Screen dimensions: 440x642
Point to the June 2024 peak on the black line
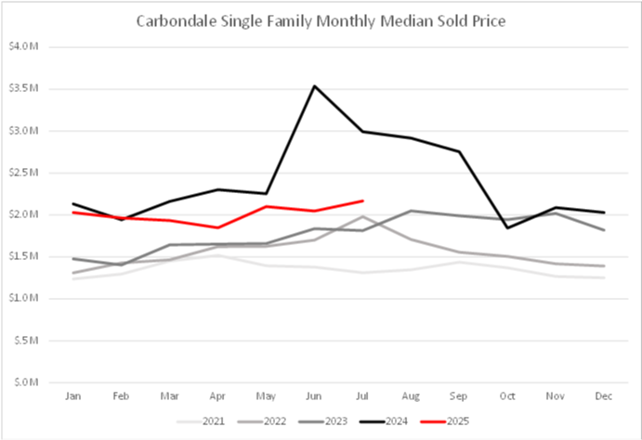click(314, 86)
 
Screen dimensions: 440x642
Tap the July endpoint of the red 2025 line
click(362, 201)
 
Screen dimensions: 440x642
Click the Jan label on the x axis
click(72, 395)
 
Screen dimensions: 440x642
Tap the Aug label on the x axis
click(411, 395)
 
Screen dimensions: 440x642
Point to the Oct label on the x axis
click(507, 395)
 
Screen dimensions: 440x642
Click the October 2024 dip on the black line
click(507, 227)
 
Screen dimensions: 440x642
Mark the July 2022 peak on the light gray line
click(362, 216)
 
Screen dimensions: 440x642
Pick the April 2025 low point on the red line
click(217, 227)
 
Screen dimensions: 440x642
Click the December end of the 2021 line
click(604, 278)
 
